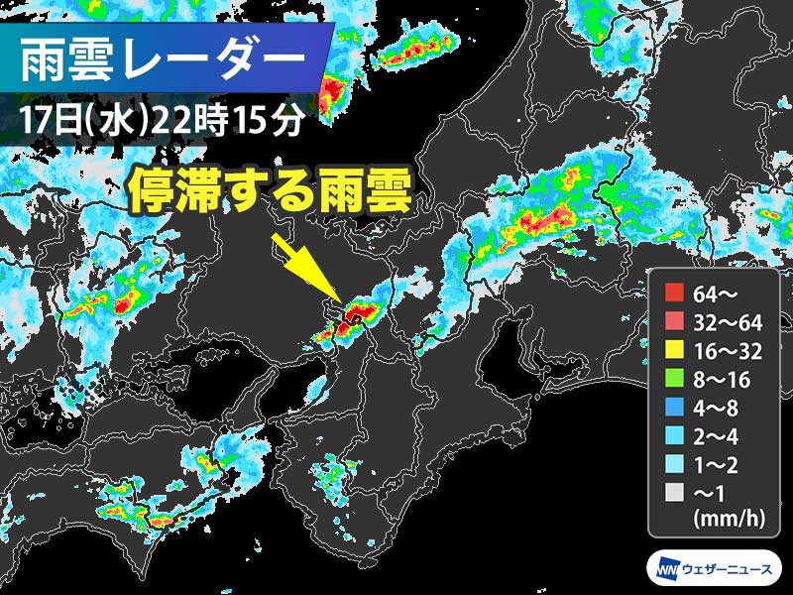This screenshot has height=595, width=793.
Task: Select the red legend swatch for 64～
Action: (674, 292)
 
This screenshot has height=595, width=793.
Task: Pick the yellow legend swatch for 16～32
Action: (674, 348)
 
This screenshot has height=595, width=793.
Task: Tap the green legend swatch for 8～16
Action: (674, 377)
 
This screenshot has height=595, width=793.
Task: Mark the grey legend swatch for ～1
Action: (674, 490)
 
